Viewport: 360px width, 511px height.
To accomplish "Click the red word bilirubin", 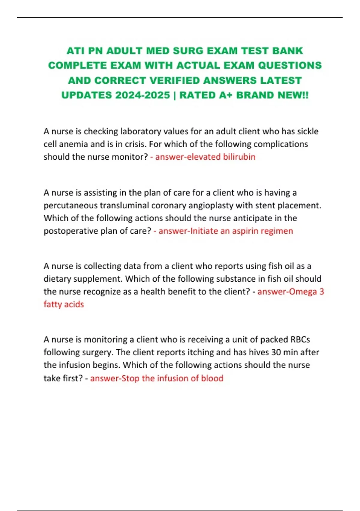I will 239,157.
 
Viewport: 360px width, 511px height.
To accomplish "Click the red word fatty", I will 53,304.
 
